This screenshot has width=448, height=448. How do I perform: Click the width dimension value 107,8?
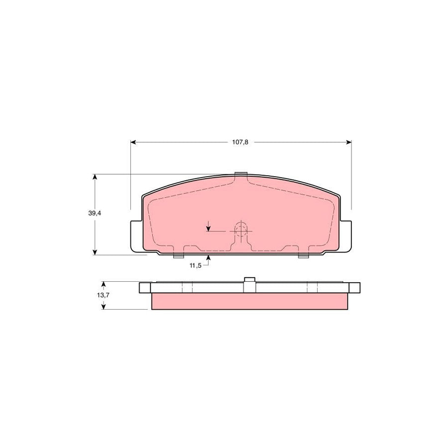[x=240, y=142]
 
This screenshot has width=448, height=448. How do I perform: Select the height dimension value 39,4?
[x=95, y=213]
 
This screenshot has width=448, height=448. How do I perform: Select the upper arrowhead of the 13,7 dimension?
[x=103, y=285]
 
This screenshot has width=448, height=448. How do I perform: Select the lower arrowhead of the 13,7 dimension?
[x=103, y=306]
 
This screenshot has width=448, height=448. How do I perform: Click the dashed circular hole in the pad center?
[x=241, y=230]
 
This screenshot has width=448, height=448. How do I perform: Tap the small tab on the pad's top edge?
[x=241, y=174]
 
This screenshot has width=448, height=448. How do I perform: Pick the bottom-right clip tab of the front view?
[x=303, y=256]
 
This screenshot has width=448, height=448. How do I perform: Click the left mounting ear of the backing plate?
[x=136, y=236]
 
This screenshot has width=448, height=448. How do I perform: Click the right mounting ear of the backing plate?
[x=346, y=236]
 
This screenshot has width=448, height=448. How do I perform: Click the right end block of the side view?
[x=354, y=288]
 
